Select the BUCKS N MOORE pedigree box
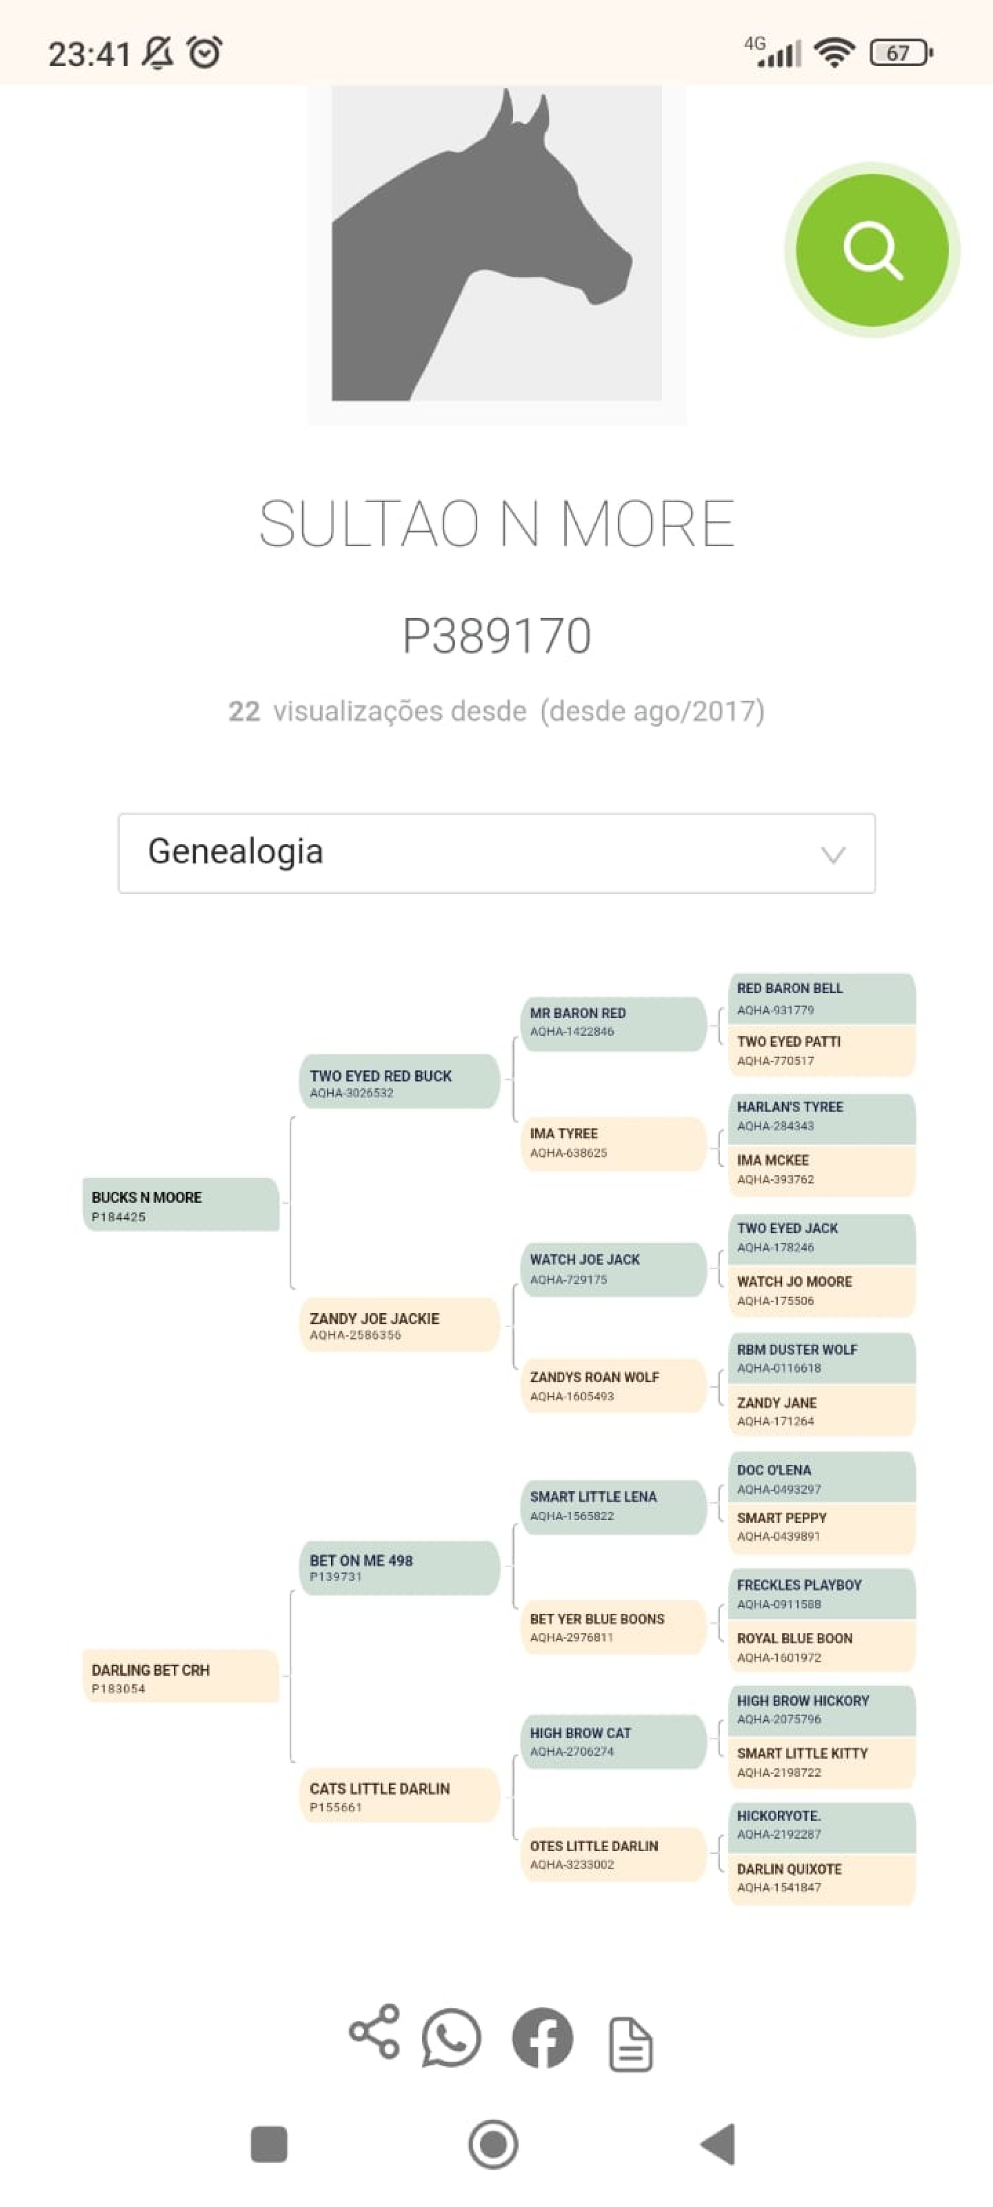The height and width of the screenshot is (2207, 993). (181, 1205)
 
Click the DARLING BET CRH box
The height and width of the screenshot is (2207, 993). (181, 1677)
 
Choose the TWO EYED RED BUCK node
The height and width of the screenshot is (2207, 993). (399, 1082)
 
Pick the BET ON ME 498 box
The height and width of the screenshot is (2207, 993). (399, 1567)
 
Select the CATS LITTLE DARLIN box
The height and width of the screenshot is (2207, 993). (399, 1796)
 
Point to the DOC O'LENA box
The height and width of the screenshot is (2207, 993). (821, 1478)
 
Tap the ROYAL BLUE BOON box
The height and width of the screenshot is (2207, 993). (821, 1646)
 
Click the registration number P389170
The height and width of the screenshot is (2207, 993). (497, 636)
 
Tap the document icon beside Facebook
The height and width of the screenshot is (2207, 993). (630, 2044)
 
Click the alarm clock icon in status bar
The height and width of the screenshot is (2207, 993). (205, 52)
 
